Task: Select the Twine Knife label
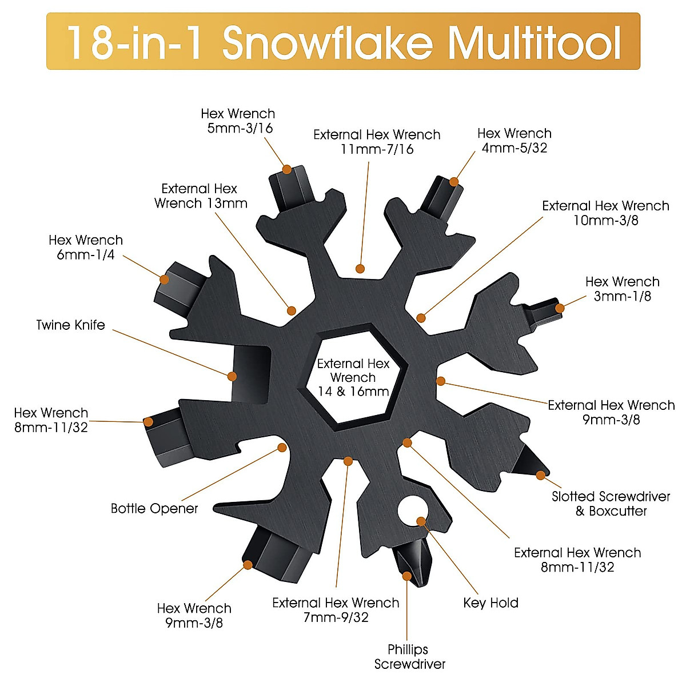[x=71, y=325]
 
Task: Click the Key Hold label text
[x=490, y=603]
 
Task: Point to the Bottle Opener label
[x=154, y=508]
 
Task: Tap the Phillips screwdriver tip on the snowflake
[x=406, y=566]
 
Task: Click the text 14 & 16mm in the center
[x=353, y=392]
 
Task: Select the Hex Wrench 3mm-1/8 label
[x=622, y=289]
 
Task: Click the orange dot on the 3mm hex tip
[x=560, y=308]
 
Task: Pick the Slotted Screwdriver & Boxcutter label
[x=611, y=504]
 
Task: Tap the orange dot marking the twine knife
[x=232, y=376]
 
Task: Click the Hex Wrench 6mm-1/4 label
[x=86, y=247]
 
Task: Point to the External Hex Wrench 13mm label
[x=200, y=196]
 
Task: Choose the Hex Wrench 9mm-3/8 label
[x=194, y=615]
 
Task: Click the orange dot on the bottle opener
[x=282, y=447]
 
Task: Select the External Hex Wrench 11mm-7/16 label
[x=377, y=142]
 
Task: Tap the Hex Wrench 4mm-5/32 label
[x=514, y=140]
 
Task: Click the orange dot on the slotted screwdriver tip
[x=540, y=474]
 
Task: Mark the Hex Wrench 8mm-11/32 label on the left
[x=51, y=420]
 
